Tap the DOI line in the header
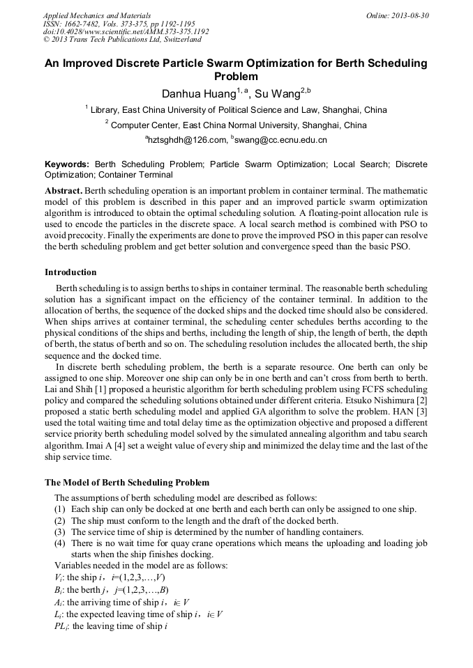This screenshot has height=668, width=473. point(126,31)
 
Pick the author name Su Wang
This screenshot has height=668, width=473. point(276,94)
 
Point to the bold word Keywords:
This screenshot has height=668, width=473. point(67,164)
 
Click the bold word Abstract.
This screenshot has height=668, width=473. point(63,191)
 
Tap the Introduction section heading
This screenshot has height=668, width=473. point(70,272)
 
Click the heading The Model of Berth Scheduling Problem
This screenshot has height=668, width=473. point(127,482)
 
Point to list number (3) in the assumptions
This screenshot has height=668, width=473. point(61,532)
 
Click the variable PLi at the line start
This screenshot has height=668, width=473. point(61,626)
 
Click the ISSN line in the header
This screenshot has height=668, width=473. point(119,23)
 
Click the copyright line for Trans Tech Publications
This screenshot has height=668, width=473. point(122,40)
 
